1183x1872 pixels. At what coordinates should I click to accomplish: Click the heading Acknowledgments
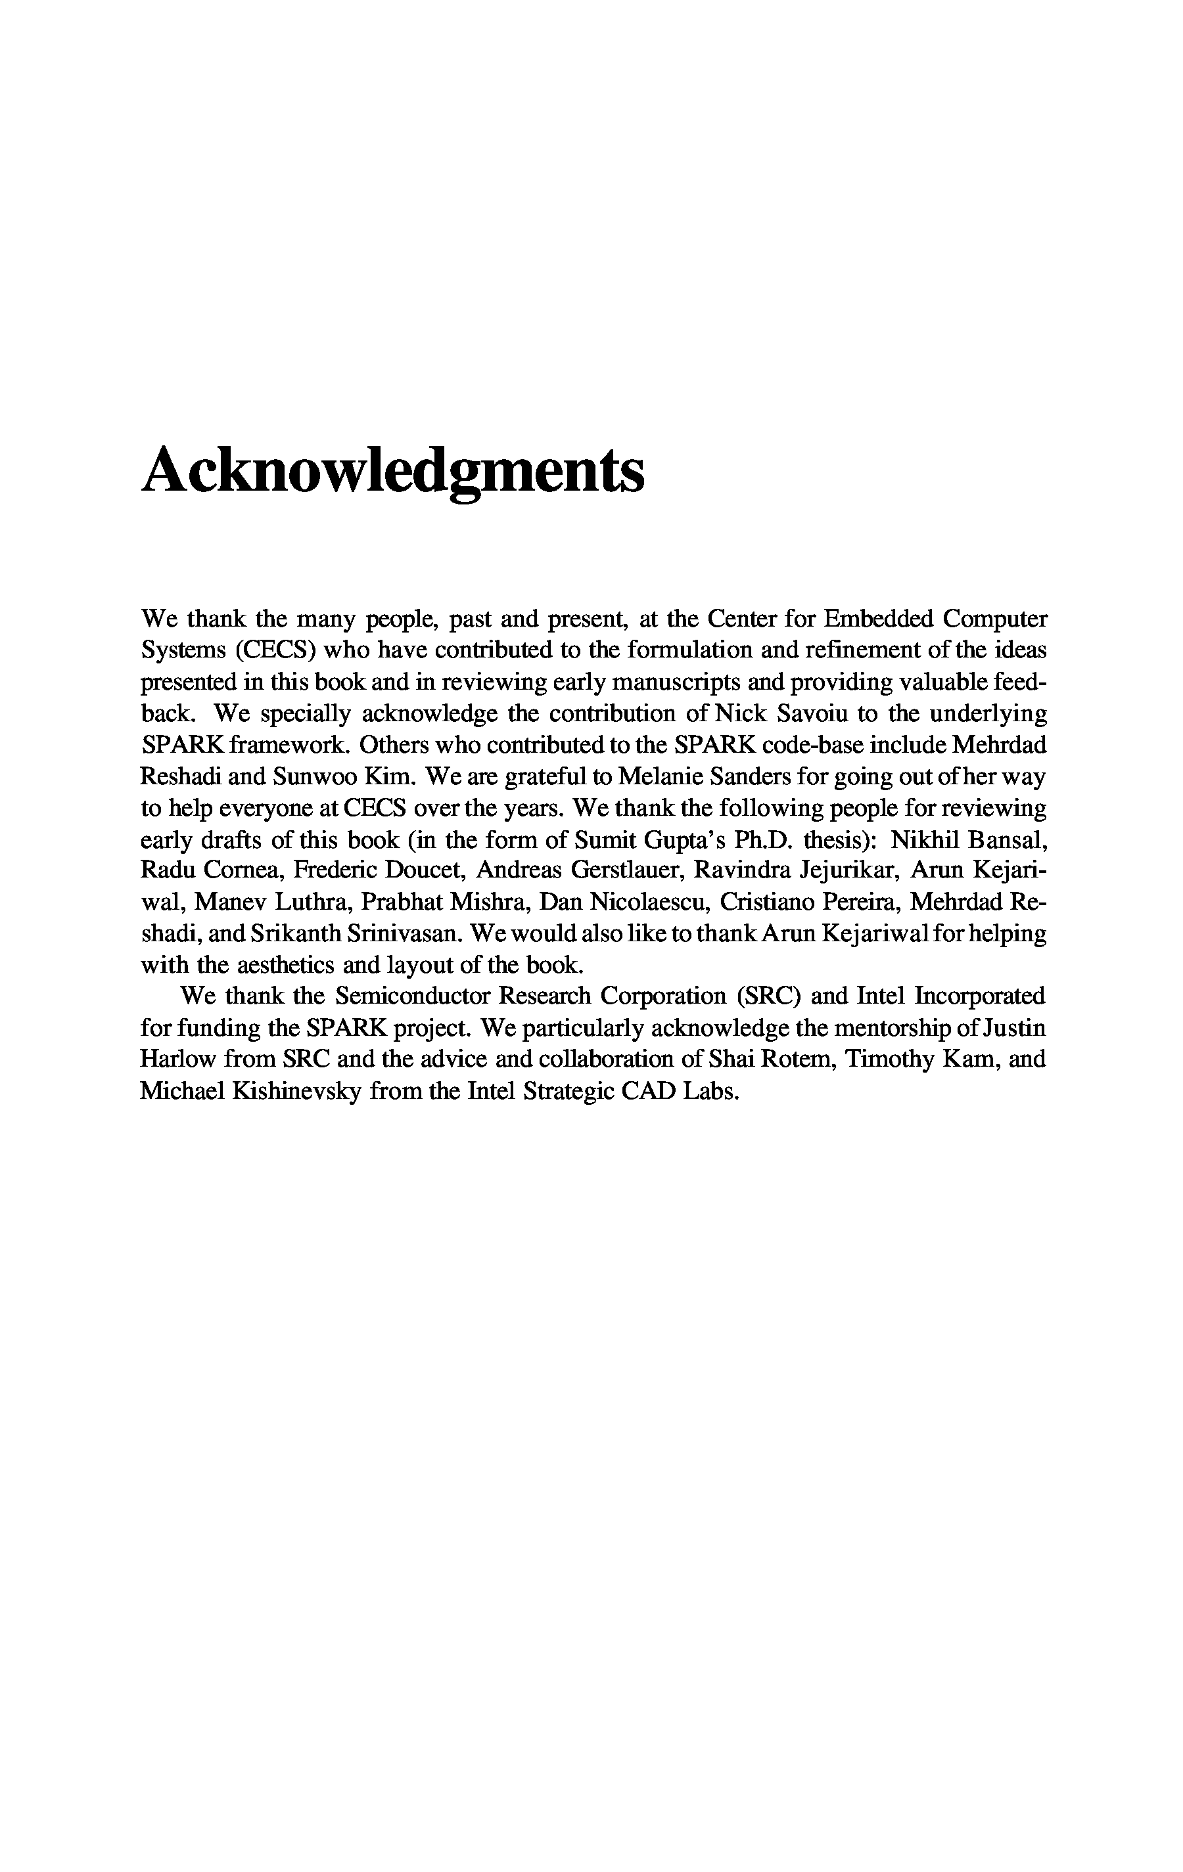(393, 472)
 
